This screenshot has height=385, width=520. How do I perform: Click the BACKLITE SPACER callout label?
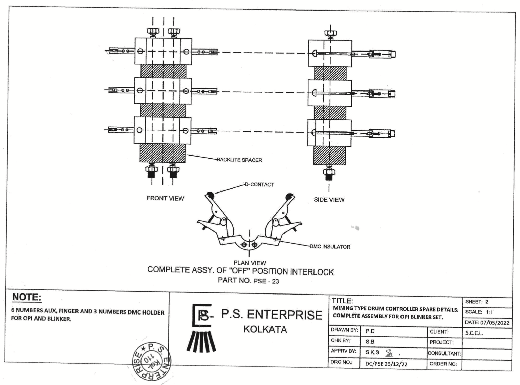[x=239, y=160]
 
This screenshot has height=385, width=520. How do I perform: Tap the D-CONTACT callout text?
[x=259, y=184]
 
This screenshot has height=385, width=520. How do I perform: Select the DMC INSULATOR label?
[x=330, y=247]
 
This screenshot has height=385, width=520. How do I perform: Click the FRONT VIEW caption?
[x=165, y=198]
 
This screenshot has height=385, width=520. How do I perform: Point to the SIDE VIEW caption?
[x=329, y=200]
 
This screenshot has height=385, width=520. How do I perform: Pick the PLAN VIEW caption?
[x=250, y=263]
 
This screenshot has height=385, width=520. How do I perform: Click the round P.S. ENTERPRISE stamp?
[x=152, y=361]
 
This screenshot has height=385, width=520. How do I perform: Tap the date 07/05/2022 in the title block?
[x=495, y=323]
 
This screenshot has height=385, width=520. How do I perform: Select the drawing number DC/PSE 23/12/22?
[x=386, y=364]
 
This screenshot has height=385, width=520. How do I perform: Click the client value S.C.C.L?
[x=474, y=333]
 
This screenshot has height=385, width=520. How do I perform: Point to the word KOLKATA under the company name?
[x=265, y=330]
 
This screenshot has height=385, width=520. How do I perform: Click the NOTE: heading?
[x=27, y=297]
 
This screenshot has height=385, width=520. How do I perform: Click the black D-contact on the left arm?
[x=210, y=195]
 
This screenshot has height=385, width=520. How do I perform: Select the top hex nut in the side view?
[x=330, y=33]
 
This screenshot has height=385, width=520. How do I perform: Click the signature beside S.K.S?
[x=389, y=352]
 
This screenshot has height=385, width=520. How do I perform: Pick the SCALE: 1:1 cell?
[x=487, y=312]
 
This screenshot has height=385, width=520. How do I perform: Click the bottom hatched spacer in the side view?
[x=329, y=156]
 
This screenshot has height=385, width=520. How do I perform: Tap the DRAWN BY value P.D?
[x=370, y=331]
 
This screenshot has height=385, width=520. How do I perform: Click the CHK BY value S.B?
[x=370, y=342]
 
